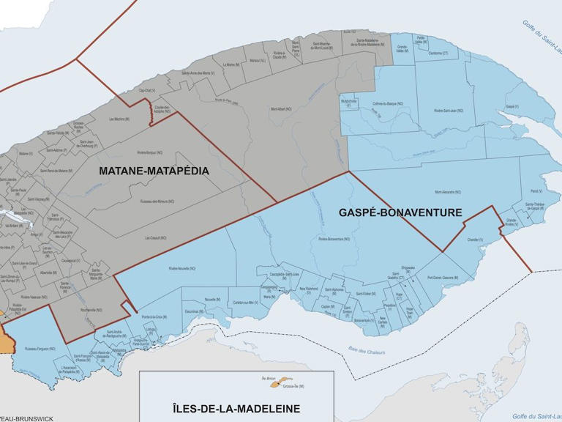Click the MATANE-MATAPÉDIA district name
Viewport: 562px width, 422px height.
coord(154,171)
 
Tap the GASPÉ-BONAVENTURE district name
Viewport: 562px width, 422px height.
coord(400,212)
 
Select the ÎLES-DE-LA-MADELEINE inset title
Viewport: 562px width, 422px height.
coord(236,408)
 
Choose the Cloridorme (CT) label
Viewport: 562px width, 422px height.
coord(438,53)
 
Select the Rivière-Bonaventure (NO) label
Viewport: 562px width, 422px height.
coord(336,239)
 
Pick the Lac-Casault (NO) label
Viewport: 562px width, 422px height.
coord(155,237)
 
